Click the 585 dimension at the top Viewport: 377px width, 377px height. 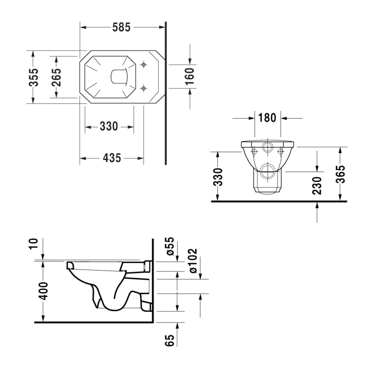pyautogui.click(x=122, y=27)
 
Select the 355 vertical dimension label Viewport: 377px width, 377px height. pyautogui.click(x=33, y=77)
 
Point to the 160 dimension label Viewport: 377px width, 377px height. pyautogui.click(x=189, y=76)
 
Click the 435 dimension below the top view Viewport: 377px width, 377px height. pyautogui.click(x=112, y=158)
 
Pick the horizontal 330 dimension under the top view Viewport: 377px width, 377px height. pyautogui.click(x=109, y=126)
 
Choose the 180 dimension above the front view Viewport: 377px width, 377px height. pyautogui.click(x=267, y=118)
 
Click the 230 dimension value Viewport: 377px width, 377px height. pyautogui.click(x=317, y=186)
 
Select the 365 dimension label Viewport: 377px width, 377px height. pyautogui.click(x=341, y=174)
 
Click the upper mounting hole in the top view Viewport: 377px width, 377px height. pyautogui.click(x=144, y=65)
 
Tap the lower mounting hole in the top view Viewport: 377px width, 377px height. pyautogui.click(x=144, y=87)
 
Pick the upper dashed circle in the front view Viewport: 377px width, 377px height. pyautogui.click(x=268, y=147)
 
